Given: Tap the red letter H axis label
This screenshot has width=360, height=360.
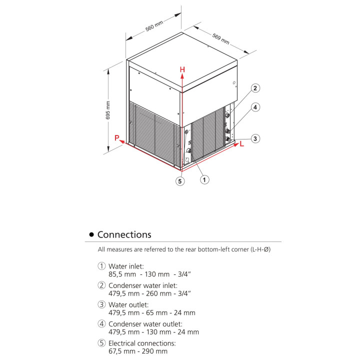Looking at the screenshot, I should [182, 70].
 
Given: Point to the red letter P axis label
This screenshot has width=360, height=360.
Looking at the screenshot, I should [116, 138].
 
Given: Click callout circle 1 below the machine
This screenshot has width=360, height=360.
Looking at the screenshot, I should [204, 178].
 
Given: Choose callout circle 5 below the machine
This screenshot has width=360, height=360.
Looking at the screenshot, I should [180, 181].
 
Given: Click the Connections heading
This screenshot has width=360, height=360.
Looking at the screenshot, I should [124, 234].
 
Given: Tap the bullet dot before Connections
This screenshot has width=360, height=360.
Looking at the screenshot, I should [91, 235].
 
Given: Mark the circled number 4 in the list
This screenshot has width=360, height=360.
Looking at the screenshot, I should [102, 324].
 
